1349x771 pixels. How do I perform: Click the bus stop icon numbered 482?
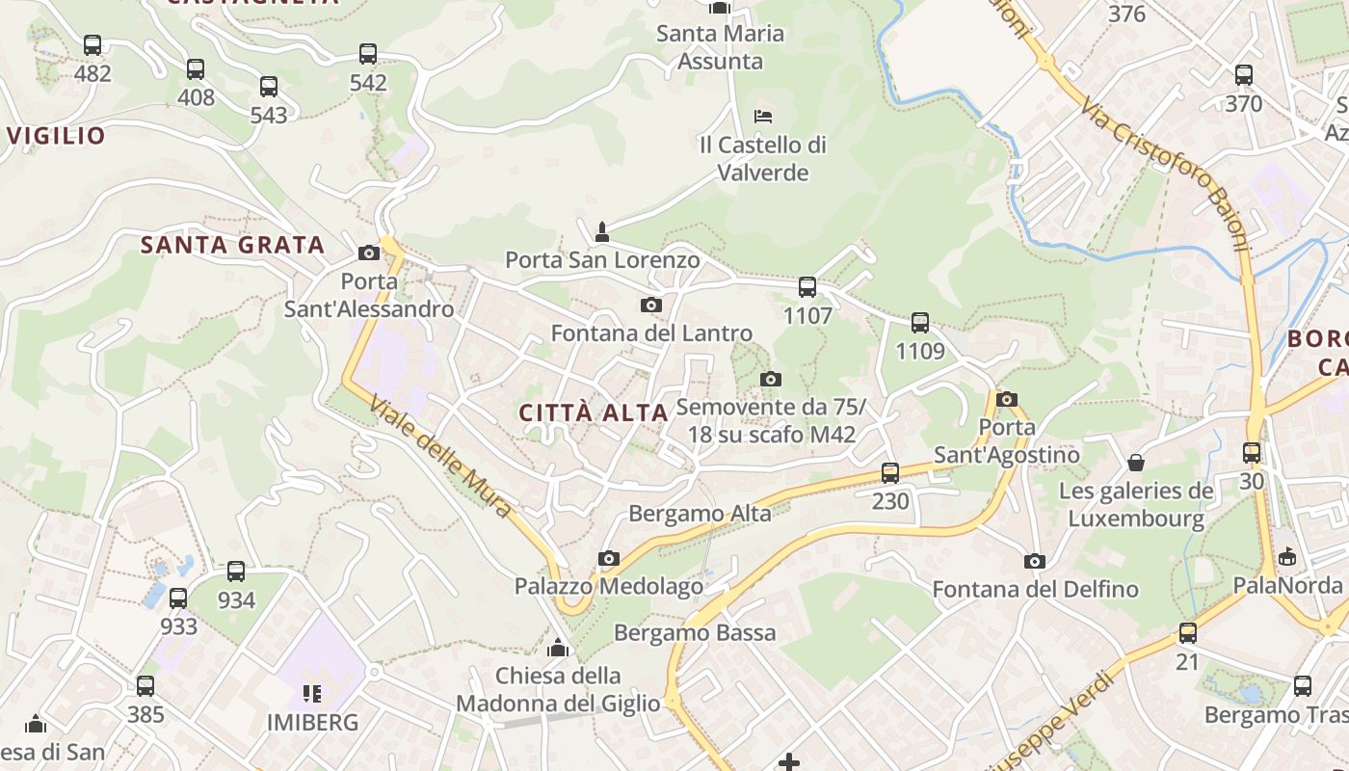click(x=93, y=45)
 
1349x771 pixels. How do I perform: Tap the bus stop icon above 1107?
click(x=807, y=287)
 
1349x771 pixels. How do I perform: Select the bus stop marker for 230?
click(x=890, y=473)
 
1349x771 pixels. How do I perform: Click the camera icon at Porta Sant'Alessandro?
click(x=368, y=253)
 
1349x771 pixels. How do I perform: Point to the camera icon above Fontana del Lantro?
click(x=651, y=306)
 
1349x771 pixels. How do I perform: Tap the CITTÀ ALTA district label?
click(x=594, y=413)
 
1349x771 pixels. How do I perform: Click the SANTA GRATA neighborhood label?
click(x=232, y=245)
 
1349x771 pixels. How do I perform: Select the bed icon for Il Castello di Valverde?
click(x=763, y=117)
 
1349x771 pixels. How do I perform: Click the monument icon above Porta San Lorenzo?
click(x=602, y=231)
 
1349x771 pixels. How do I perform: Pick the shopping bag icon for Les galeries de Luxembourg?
click(x=1136, y=463)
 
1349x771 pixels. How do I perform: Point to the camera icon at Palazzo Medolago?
click(x=608, y=558)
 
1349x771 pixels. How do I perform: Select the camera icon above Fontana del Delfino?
click(x=1034, y=561)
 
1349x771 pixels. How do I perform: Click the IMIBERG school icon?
click(x=311, y=693)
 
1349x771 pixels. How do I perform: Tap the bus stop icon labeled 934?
click(x=236, y=572)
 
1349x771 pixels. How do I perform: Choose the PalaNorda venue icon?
click(x=1286, y=557)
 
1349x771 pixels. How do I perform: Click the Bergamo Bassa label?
click(x=695, y=633)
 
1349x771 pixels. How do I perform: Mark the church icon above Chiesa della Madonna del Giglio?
click(x=558, y=647)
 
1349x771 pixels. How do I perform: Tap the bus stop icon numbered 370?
click(x=1244, y=75)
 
